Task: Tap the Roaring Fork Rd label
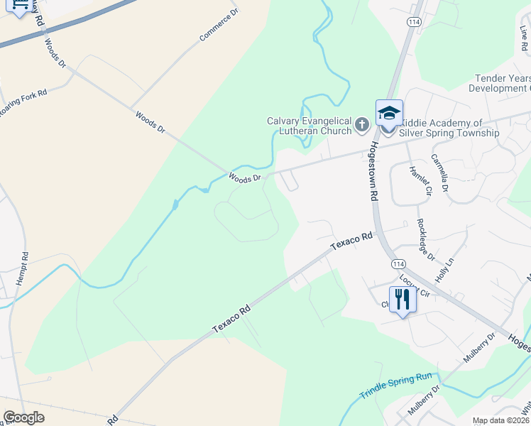23,103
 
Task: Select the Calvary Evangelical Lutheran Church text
309,126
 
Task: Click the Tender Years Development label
500,83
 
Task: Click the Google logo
23,417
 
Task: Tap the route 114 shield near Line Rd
413,21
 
